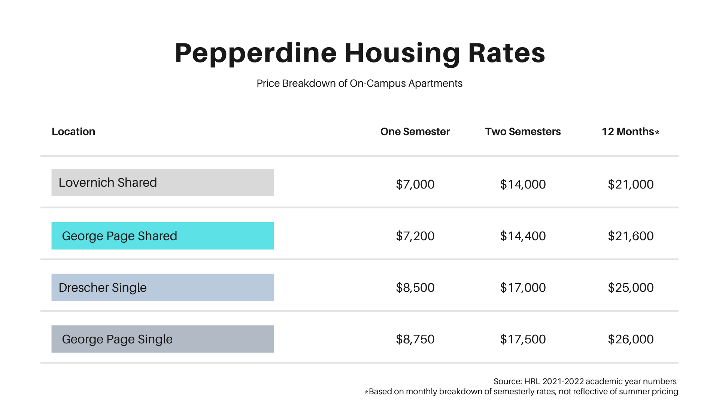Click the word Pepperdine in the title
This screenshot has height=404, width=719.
[x=255, y=53]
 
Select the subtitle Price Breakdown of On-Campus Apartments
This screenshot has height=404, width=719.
[x=359, y=83]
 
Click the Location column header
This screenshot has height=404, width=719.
[x=73, y=132]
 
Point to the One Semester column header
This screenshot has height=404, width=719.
[x=415, y=132]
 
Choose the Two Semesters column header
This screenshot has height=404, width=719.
[x=523, y=132]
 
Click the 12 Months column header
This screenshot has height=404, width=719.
[x=628, y=132]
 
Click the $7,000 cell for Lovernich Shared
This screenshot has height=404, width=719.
[x=415, y=184]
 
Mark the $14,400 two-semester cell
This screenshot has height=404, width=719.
[x=523, y=236]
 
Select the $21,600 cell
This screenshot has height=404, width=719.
[x=631, y=236]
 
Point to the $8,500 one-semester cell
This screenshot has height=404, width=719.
[x=415, y=288]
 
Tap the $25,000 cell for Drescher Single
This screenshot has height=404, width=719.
[x=631, y=288]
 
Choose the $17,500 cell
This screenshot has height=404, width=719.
[x=523, y=339]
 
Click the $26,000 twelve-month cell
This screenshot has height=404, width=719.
[x=631, y=339]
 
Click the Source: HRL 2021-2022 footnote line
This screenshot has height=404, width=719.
[x=585, y=382]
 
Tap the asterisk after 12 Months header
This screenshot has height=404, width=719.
[x=657, y=132]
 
